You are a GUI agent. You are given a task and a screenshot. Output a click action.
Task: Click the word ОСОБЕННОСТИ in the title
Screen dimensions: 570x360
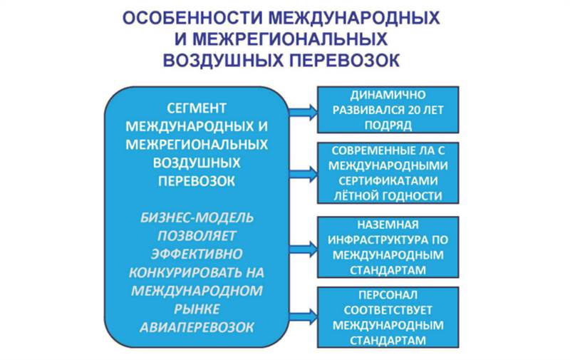click(192, 19)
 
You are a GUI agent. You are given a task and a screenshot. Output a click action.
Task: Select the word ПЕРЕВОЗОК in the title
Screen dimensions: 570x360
click(345, 61)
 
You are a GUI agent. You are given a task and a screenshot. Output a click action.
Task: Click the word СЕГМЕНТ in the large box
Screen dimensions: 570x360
click(197, 108)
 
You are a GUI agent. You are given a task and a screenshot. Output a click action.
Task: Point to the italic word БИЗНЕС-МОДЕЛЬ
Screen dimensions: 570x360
click(197, 217)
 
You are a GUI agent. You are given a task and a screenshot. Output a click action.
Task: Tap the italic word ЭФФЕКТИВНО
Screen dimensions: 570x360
click(197, 254)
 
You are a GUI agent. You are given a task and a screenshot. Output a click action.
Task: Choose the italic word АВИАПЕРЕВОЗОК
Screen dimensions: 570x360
click(197, 327)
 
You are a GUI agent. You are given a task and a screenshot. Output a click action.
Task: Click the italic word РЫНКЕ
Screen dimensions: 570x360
click(197, 309)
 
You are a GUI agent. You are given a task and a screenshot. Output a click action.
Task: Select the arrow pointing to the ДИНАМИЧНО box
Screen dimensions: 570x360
click(303, 111)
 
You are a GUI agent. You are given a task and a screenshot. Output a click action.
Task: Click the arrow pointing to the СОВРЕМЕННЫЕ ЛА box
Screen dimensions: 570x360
click(303, 175)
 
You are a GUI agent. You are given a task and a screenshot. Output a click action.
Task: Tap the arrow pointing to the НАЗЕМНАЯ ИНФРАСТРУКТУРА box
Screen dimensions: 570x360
click(303, 250)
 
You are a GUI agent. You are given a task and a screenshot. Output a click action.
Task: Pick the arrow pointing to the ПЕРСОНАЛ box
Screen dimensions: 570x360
click(303, 317)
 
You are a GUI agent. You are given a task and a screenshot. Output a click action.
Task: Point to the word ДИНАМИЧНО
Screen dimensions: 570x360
click(388, 95)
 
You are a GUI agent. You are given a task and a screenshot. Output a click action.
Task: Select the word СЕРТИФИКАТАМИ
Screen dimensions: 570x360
click(388, 181)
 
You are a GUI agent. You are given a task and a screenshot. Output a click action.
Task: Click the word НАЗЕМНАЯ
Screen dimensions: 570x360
click(388, 225)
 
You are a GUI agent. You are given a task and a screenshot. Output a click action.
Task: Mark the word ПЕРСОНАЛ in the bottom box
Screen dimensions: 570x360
click(388, 295)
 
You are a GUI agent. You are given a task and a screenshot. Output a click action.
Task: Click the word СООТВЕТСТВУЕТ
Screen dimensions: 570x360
click(388, 310)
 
